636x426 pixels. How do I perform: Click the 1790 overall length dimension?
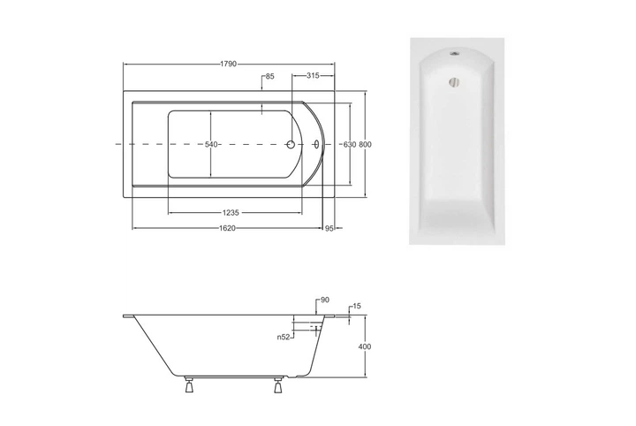pyautogui.click(x=229, y=65)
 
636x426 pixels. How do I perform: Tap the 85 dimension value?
pyautogui.click(x=270, y=76)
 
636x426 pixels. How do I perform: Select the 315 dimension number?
pyautogui.click(x=313, y=75)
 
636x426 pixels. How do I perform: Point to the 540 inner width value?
pyautogui.click(x=211, y=144)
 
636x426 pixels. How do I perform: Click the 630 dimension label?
pyautogui.click(x=350, y=144)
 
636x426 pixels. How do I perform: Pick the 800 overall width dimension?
pyautogui.click(x=365, y=144)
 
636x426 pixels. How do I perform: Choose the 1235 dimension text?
pyautogui.click(x=231, y=213)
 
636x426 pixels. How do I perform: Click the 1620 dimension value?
pyautogui.click(x=228, y=228)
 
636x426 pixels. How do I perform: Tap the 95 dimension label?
pyautogui.click(x=329, y=229)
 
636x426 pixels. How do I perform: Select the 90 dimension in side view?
pyautogui.click(x=325, y=300)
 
